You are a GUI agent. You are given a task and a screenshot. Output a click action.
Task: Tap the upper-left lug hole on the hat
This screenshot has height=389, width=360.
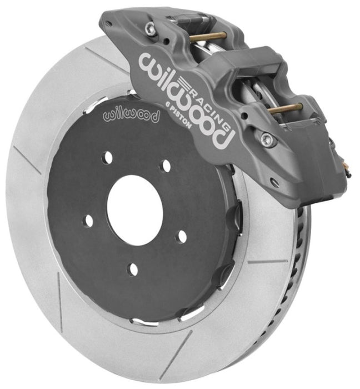(x=108, y=157)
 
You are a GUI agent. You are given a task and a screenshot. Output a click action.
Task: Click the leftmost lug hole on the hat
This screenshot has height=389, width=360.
(x=87, y=221)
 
